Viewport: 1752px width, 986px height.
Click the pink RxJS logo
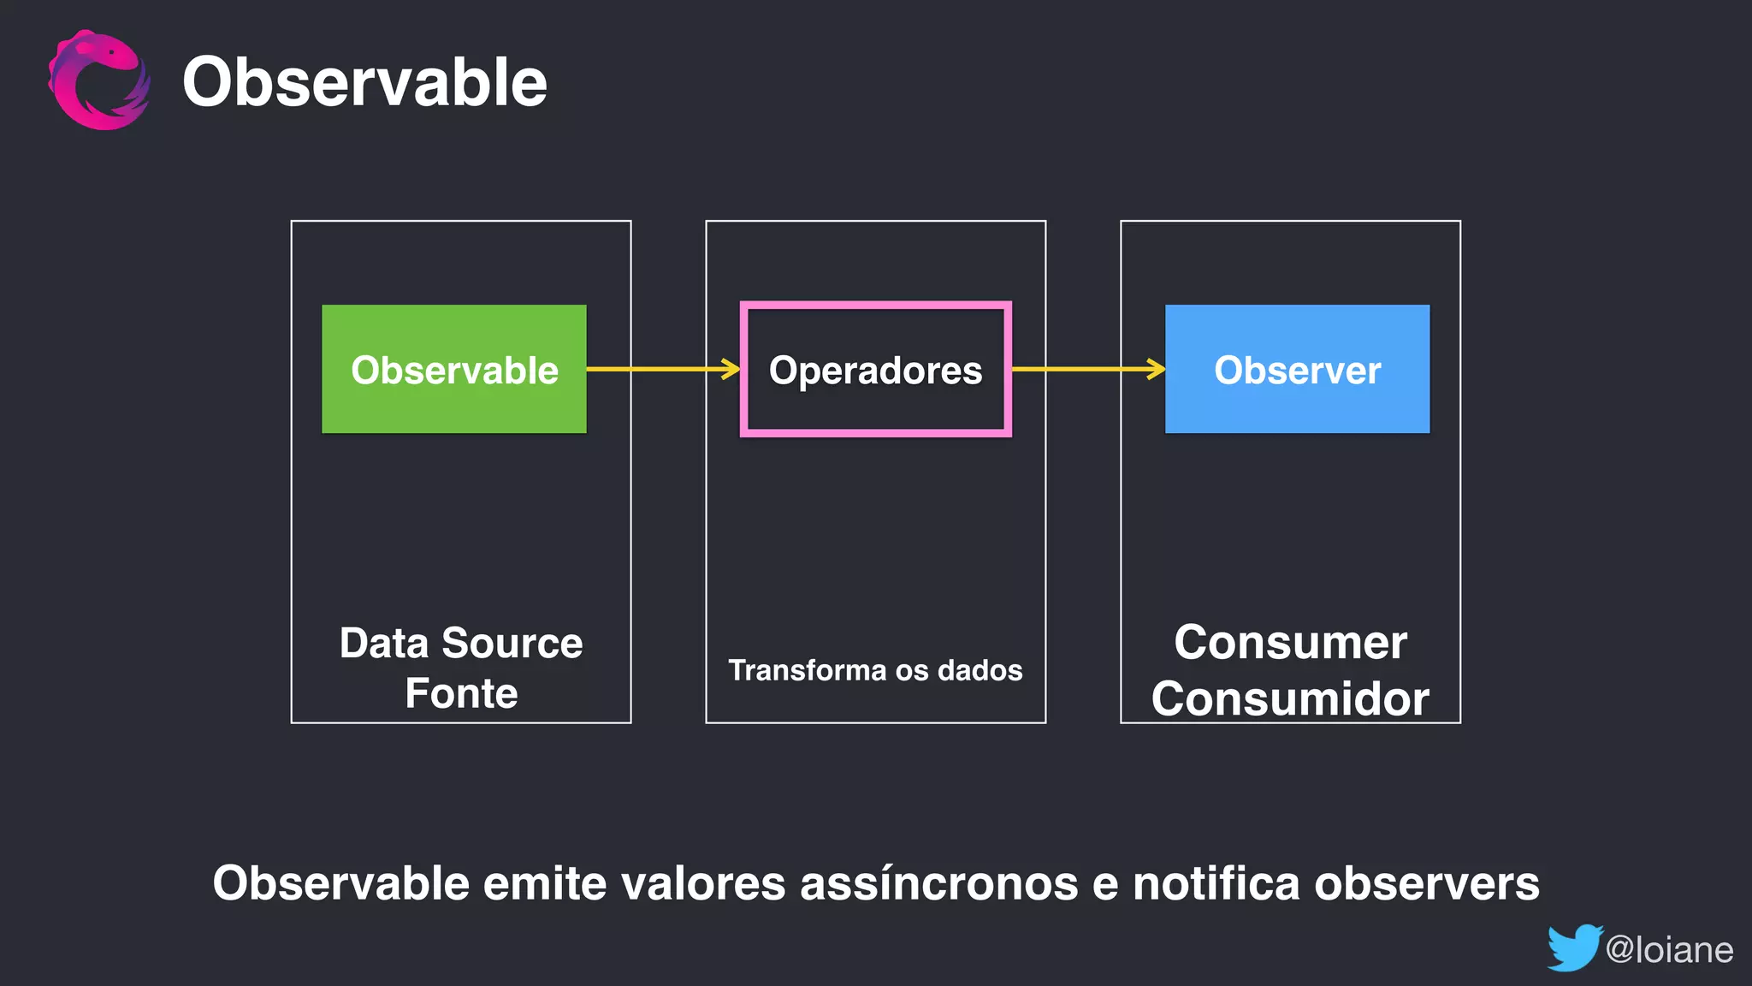[x=98, y=80]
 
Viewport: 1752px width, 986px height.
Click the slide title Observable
[x=364, y=82]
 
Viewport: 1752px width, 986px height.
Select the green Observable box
[x=454, y=369]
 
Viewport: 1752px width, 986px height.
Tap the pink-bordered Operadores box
[x=875, y=369]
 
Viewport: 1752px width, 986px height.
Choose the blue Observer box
[x=1297, y=369]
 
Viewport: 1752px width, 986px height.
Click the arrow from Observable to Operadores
[x=663, y=369]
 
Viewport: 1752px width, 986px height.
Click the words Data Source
[x=461, y=643]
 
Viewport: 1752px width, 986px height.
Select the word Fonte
[x=461, y=693]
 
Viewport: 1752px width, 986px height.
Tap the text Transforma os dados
[x=875, y=670]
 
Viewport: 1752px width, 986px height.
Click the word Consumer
[x=1290, y=642]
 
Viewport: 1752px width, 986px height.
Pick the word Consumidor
[x=1290, y=698]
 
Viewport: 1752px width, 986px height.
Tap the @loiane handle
[x=1669, y=950]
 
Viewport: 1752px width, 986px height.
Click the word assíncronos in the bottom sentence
[x=939, y=883]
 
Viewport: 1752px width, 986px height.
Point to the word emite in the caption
[x=545, y=883]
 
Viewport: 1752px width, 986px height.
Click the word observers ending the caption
[x=1427, y=883]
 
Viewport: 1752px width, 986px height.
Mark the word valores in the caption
[x=703, y=883]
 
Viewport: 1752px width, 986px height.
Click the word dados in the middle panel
[x=980, y=670]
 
